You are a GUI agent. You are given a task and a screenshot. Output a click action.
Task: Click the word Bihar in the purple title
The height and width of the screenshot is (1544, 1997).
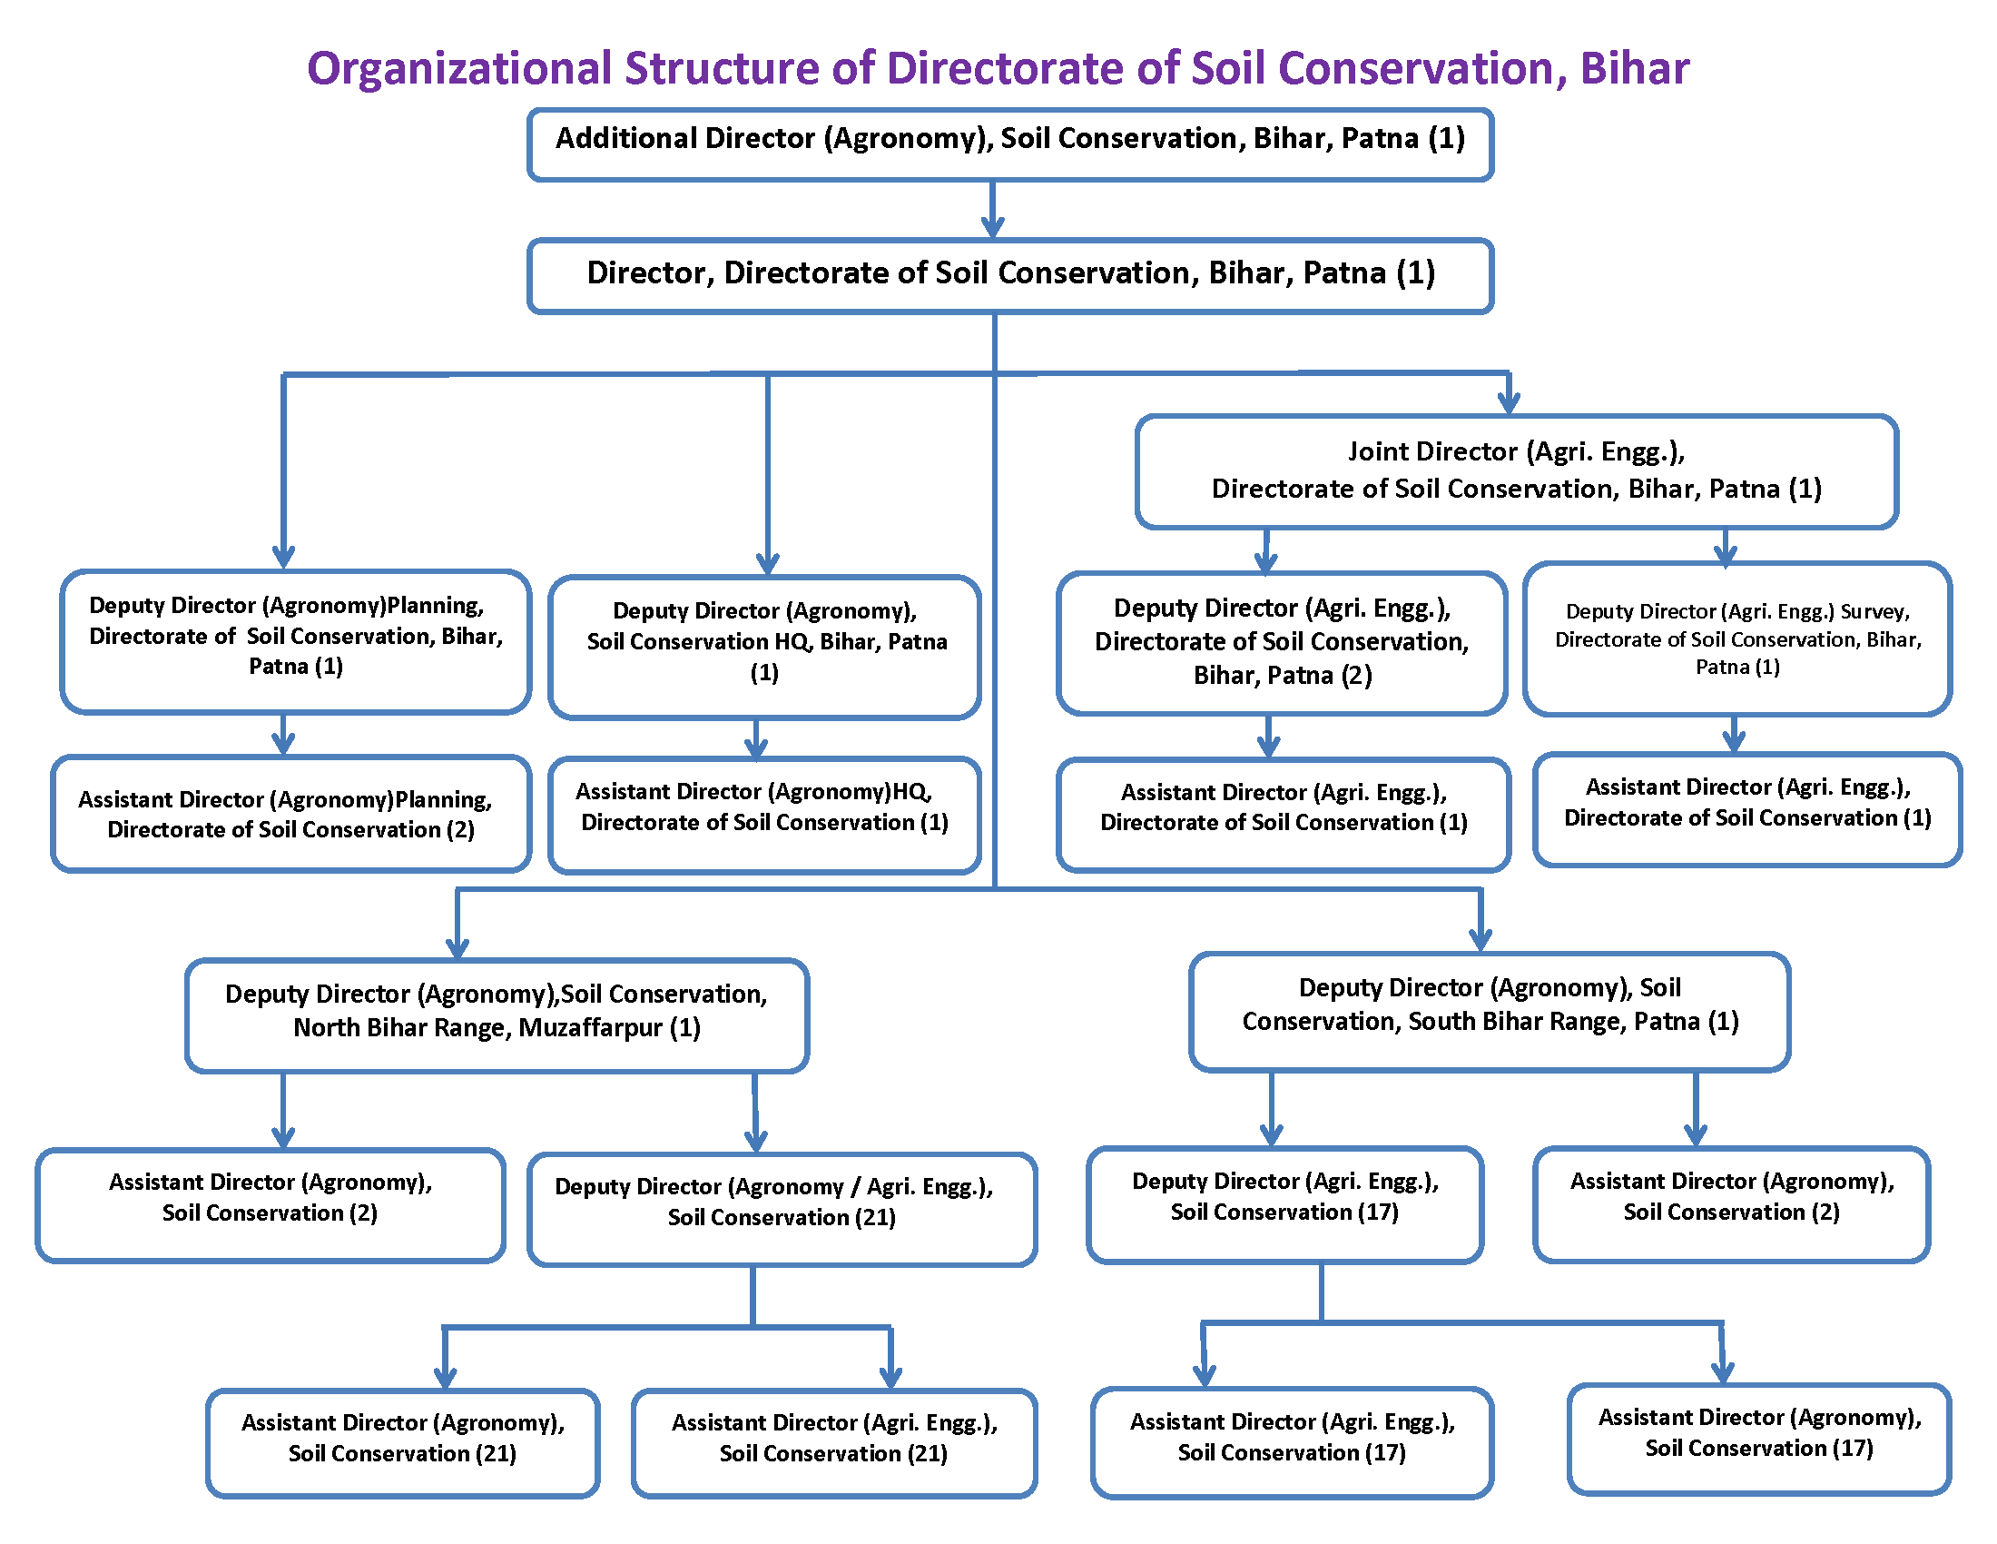click(1634, 69)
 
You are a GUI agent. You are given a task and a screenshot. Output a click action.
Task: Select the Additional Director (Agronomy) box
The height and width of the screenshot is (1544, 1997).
click(1009, 144)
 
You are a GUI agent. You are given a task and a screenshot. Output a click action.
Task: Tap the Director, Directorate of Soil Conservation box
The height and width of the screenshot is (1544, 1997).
click(1009, 275)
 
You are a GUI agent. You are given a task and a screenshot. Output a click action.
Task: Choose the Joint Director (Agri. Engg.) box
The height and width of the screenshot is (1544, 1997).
click(1516, 471)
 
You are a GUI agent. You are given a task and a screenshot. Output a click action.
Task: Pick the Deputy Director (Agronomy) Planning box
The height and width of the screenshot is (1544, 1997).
click(295, 640)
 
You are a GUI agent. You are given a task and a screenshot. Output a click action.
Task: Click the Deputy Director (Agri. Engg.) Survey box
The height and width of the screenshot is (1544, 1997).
click(1737, 638)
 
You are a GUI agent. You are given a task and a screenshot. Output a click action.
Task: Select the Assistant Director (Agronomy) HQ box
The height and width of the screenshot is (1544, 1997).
click(764, 813)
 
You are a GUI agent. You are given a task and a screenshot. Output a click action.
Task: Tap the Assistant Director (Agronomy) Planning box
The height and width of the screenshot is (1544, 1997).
click(290, 813)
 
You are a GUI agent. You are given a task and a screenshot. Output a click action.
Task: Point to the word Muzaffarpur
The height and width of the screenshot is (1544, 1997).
click(590, 1028)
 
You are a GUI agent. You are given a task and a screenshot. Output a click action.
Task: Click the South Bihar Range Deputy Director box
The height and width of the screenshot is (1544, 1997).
click(1489, 1011)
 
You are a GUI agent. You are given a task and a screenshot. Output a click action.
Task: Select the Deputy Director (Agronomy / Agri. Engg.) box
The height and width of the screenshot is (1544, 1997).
click(782, 1208)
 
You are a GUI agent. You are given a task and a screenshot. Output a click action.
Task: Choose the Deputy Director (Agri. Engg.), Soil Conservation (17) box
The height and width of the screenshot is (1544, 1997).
click(1284, 1203)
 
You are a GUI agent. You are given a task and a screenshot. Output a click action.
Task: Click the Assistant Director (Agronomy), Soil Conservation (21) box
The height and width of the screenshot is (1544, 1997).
click(402, 1442)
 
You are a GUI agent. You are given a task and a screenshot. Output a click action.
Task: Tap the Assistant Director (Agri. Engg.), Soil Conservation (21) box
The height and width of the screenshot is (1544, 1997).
click(834, 1442)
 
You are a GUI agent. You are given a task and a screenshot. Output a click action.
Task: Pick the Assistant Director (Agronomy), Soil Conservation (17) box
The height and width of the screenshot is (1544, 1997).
click(1758, 1438)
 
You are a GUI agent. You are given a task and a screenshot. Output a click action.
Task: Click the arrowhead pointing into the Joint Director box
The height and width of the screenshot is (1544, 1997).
click(1509, 401)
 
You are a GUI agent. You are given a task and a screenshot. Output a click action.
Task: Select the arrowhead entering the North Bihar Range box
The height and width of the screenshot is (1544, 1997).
click(457, 946)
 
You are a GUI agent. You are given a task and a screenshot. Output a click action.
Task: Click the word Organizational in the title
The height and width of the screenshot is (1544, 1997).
click(459, 69)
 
